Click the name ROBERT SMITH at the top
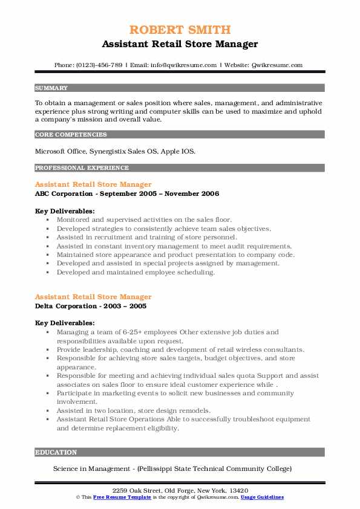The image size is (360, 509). [x=180, y=29]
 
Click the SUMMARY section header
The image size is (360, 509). [x=51, y=88]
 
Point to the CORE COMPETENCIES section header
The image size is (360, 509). [x=71, y=135]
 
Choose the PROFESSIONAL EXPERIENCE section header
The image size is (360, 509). [x=82, y=168]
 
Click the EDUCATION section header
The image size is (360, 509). [x=56, y=452]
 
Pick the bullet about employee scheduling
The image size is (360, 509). [x=136, y=272]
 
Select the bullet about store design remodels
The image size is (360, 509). [x=134, y=410]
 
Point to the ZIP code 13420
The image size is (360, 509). [x=239, y=490]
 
